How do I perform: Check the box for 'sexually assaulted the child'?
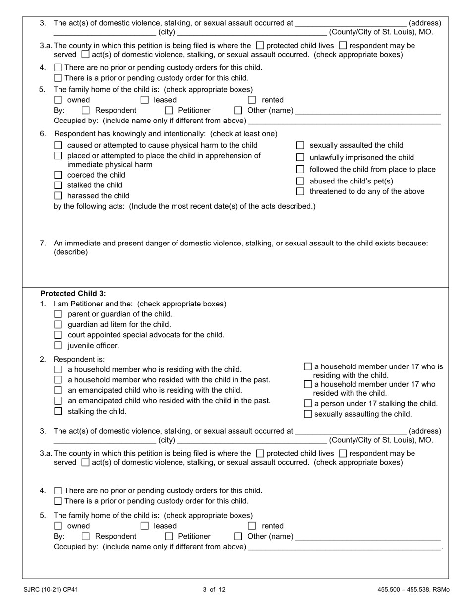click(299, 146)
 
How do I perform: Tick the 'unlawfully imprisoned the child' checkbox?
click(299, 158)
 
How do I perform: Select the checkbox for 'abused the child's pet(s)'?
click(299, 181)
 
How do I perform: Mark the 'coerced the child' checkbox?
click(58, 175)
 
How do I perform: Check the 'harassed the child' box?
click(58, 196)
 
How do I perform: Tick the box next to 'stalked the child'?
click(58, 185)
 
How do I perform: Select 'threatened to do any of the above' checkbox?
click(299, 192)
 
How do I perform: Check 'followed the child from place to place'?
click(299, 170)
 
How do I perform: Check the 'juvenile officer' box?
click(58, 346)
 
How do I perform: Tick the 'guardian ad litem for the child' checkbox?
click(58, 325)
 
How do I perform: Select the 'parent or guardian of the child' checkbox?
click(58, 314)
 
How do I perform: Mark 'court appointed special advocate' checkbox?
click(58, 335)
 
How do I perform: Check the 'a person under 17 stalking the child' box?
click(307, 404)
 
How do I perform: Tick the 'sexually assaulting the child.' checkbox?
click(307, 414)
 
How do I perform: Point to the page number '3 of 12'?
click(214, 590)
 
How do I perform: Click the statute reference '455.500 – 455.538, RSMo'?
click(413, 590)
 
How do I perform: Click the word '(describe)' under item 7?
click(70, 252)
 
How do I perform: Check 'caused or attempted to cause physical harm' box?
click(58, 146)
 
